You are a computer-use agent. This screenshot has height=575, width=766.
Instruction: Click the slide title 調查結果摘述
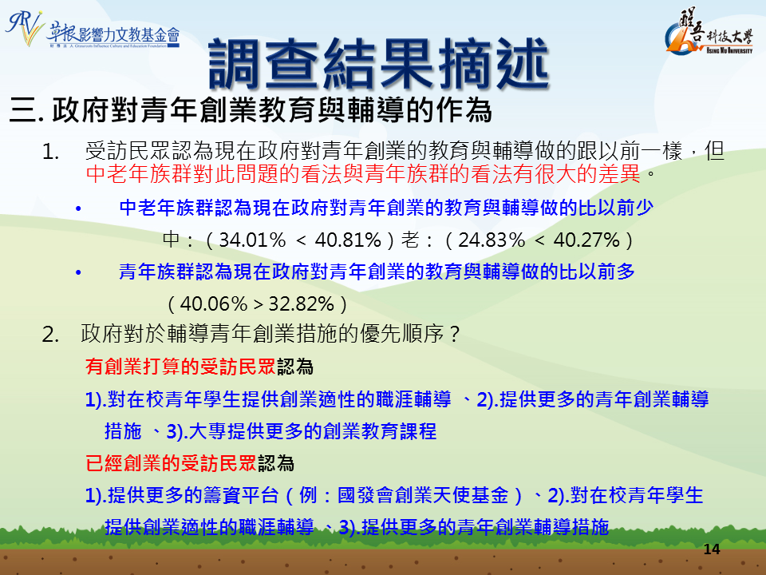[378, 64]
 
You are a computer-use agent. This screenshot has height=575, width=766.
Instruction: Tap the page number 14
[712, 549]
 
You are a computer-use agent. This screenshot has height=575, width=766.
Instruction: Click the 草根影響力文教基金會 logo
[93, 30]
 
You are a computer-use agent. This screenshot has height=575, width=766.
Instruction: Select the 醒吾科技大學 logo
[709, 32]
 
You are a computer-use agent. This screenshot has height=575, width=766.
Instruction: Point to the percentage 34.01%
[252, 240]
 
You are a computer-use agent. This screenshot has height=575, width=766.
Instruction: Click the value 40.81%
[348, 240]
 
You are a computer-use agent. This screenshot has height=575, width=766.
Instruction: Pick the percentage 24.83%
[492, 240]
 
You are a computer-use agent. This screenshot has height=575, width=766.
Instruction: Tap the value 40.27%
[586, 240]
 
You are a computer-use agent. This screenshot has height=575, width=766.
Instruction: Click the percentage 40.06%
[214, 304]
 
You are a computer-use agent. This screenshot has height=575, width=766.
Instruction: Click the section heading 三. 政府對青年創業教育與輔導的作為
[251, 110]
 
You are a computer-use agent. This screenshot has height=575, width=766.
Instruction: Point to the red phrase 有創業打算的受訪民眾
[181, 367]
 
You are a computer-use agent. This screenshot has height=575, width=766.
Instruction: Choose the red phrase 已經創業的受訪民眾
[171, 463]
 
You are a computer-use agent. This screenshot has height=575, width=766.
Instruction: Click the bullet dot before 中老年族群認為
[78, 209]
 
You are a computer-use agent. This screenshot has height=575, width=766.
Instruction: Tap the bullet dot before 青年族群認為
[78, 273]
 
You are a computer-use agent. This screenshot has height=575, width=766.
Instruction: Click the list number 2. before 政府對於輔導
[51, 335]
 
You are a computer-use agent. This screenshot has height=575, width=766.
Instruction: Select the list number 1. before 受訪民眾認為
[51, 152]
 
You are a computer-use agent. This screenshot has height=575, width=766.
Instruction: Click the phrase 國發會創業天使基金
[423, 495]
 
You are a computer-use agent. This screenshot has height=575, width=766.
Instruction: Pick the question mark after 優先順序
[454, 335]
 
